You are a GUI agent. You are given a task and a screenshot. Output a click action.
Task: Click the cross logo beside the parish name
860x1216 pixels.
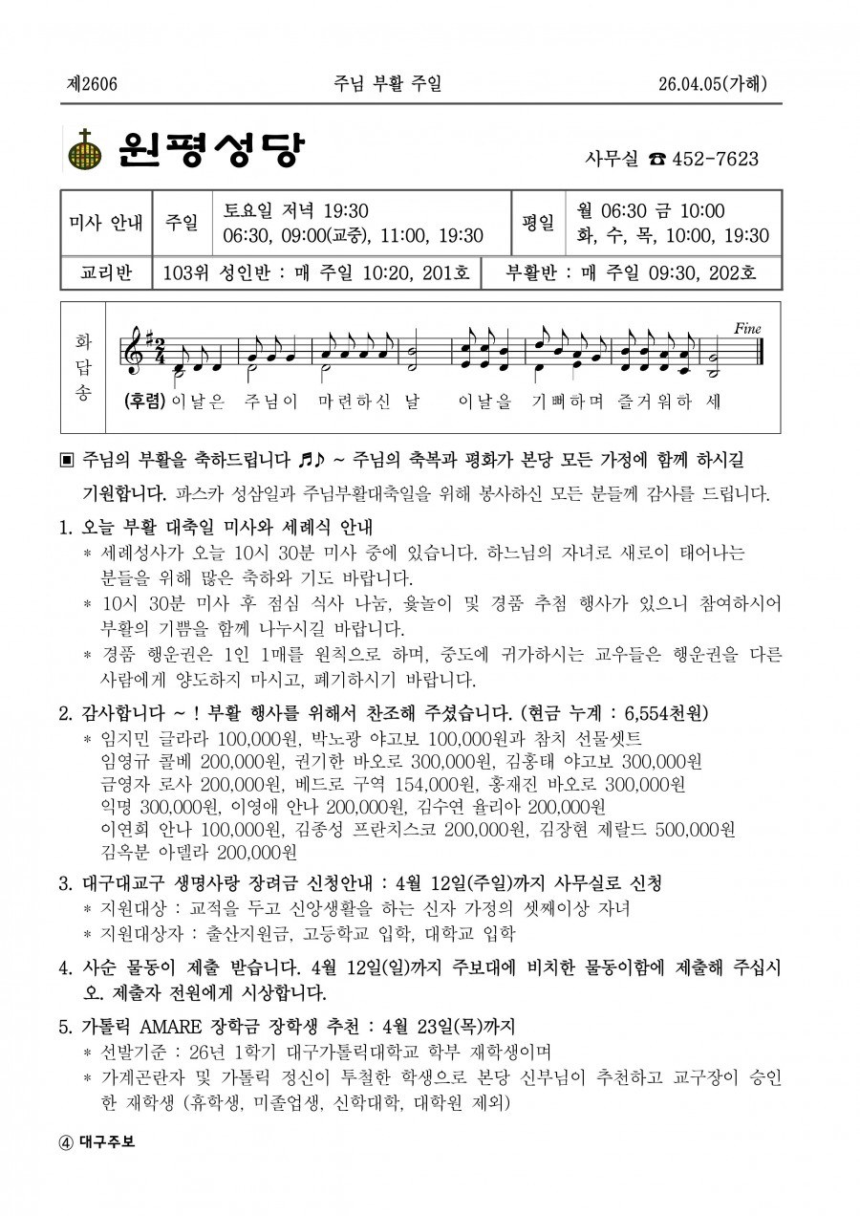pos(84,150)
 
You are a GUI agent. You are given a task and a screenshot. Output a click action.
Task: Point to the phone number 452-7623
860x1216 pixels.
pos(716,159)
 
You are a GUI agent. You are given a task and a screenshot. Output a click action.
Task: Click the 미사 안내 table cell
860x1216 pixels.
pos(107,223)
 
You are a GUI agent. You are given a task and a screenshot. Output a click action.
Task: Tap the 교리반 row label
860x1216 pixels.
pos(107,273)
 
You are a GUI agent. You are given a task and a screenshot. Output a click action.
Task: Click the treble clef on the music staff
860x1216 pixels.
pos(131,352)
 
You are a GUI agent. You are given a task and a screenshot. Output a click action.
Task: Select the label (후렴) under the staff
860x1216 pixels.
pos(144,401)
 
